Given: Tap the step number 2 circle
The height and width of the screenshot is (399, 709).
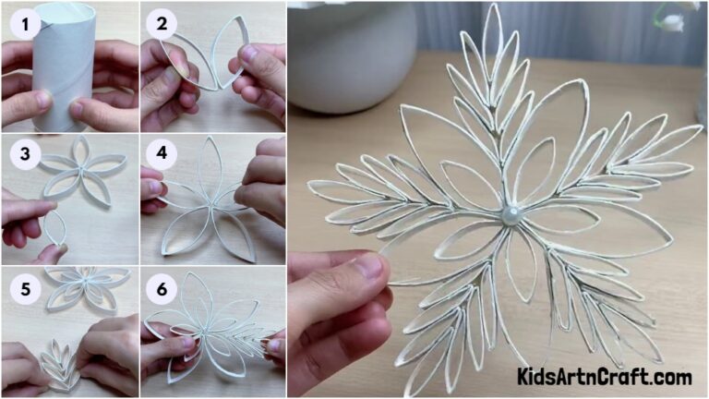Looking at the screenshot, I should (162, 25).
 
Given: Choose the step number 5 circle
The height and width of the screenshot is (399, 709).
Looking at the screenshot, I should (25, 289).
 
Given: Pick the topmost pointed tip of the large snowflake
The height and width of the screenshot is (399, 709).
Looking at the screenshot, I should (494, 7).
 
